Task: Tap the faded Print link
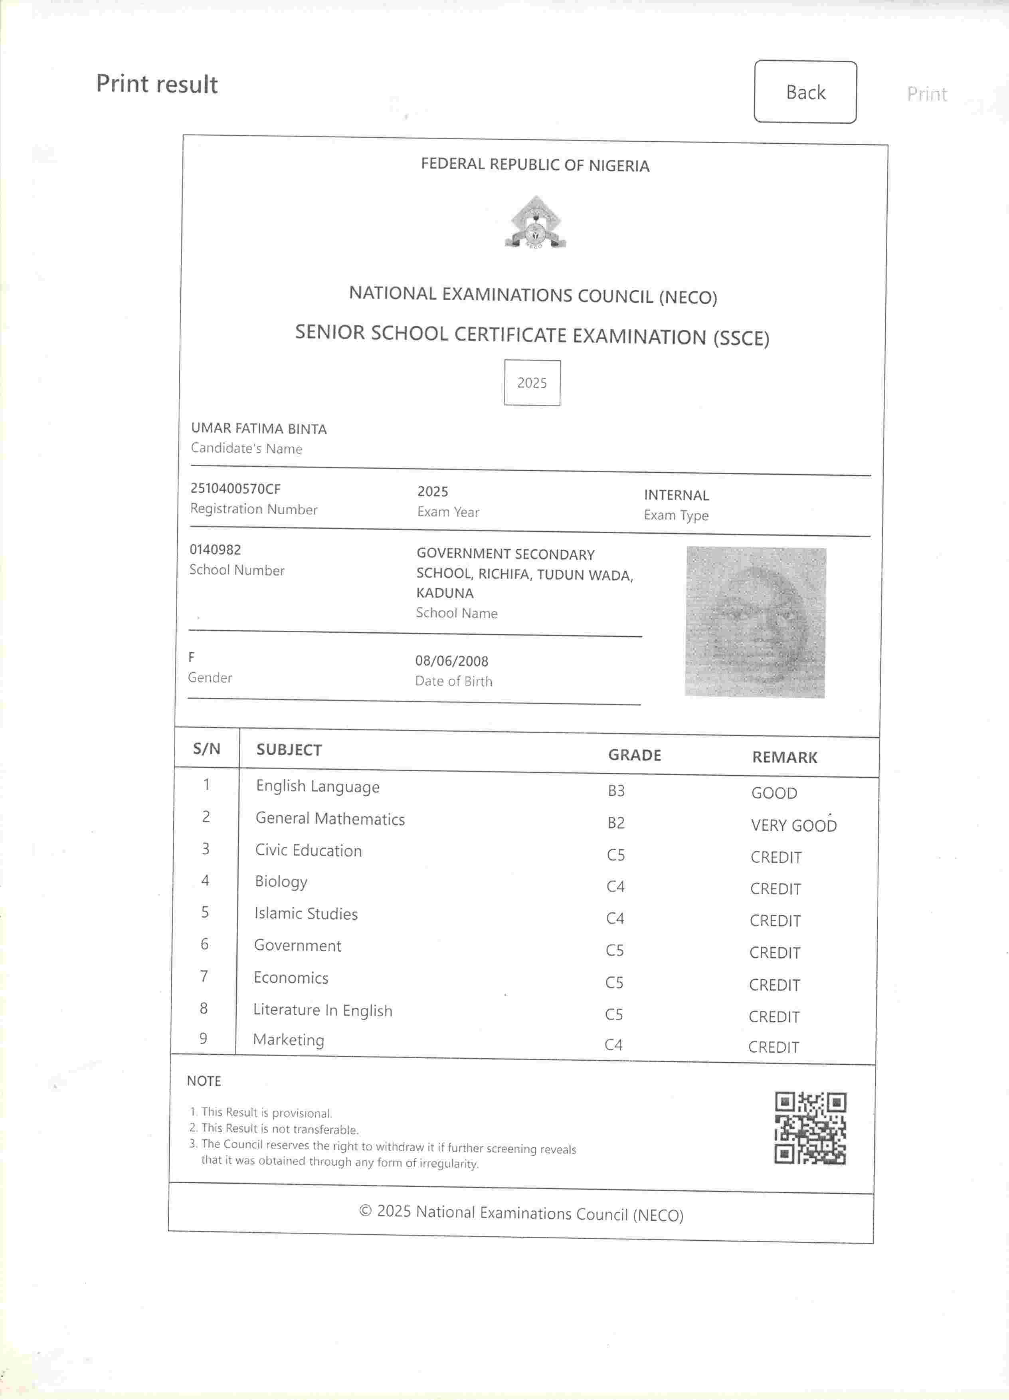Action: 926,94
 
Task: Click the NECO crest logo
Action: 535,223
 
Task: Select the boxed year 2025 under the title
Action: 532,383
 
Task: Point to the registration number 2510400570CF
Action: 235,489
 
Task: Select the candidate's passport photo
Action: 756,622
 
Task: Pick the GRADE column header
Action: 634,755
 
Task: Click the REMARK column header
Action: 784,757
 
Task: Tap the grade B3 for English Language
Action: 616,791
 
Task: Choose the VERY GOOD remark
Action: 793,825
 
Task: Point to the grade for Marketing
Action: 613,1044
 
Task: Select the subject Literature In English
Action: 322,1010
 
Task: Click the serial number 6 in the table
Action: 204,944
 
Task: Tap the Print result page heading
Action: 157,84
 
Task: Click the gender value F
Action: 191,657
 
